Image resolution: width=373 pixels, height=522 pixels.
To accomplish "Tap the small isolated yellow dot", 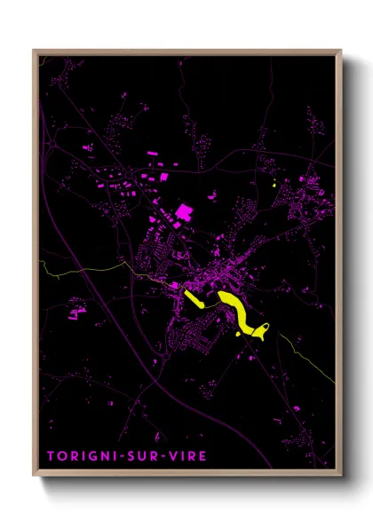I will pyautogui.click(x=275, y=185).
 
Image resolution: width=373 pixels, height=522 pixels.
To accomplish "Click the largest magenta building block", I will pyautogui.click(x=185, y=212).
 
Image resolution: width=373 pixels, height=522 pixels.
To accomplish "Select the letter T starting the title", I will pyautogui.click(x=51, y=455).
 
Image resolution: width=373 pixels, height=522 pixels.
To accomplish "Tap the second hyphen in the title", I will pyautogui.click(x=164, y=455).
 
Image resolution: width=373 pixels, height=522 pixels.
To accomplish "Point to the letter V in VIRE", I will pyautogui.click(x=174, y=455).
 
